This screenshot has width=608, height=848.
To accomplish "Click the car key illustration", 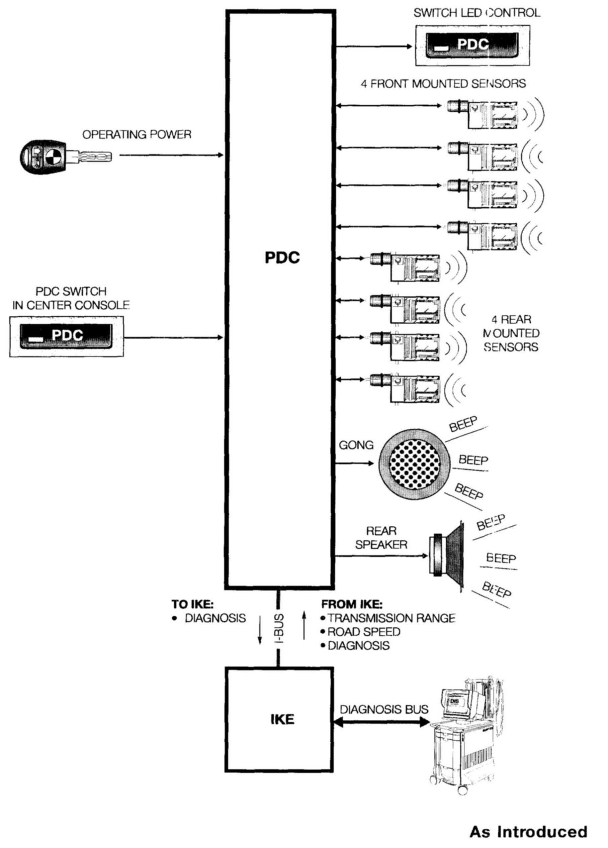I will coord(65,156).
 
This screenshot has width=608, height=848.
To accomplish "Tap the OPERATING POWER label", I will coord(137,134).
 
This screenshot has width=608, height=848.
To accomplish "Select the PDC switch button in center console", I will coord(66,335).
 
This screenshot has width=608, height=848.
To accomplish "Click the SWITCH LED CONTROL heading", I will coord(477,13).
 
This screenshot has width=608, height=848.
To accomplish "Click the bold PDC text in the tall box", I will coord(282,258).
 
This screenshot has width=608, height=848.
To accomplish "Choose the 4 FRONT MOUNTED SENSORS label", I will coord(443,83).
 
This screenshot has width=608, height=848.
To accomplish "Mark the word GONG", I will coord(356,445).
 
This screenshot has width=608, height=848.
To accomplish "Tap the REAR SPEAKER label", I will coord(381,538).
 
